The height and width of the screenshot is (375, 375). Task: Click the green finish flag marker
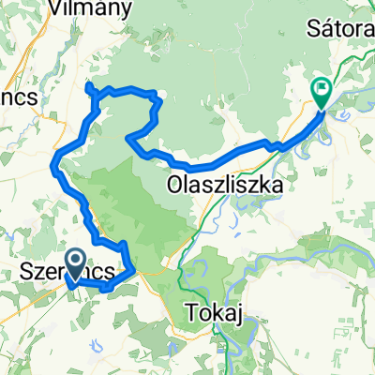(321, 92)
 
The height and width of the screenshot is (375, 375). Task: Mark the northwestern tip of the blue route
(87, 86)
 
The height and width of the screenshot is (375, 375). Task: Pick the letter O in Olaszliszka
(174, 185)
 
